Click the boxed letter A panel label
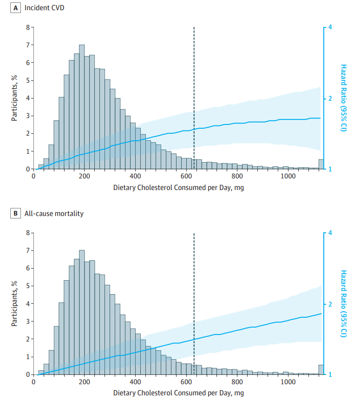pyautogui.click(x=16, y=8)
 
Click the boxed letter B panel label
pyautogui.click(x=16, y=214)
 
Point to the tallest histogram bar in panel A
pyautogui.click(x=82, y=107)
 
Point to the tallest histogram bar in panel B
pyautogui.click(x=82, y=312)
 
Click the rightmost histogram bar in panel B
pyautogui.click(x=321, y=369)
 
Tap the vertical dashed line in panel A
pyautogui.click(x=194, y=93)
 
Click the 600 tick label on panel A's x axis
pyautogui.click(x=186, y=177)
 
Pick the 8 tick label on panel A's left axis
pyautogui.click(x=27, y=27)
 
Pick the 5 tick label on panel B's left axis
pyautogui.click(x=27, y=286)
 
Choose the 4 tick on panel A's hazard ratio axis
pyautogui.click(x=329, y=27)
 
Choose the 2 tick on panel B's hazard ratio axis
pyautogui.click(x=329, y=304)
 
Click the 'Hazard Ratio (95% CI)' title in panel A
pyautogui.click(x=344, y=98)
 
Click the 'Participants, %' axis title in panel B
pyautogui.click(x=14, y=303)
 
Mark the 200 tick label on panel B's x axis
pyautogui.click(x=84, y=382)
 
